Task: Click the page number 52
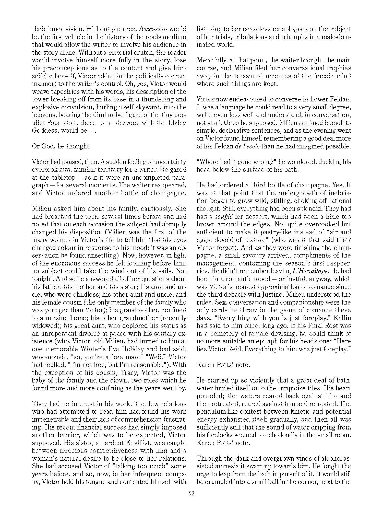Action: point(192,493)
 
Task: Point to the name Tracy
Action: point(118,373)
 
